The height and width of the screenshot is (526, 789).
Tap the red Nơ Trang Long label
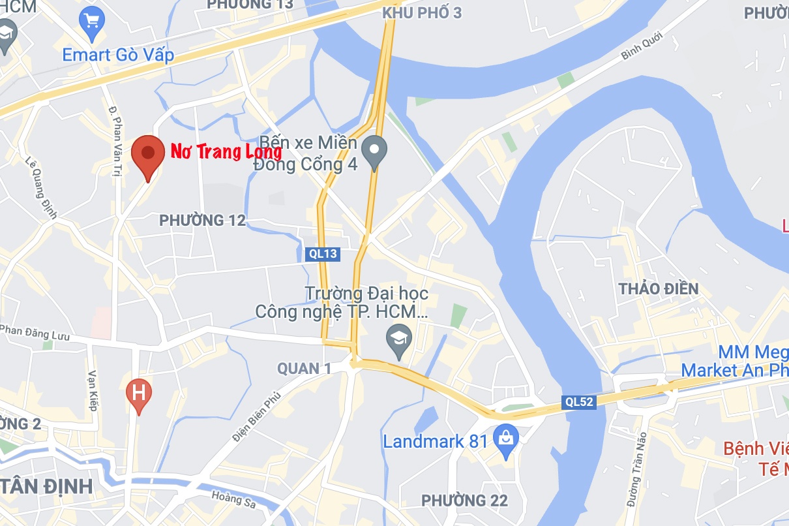point(226,152)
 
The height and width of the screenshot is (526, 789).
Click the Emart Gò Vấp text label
point(118,55)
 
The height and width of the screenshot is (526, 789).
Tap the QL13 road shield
point(323,253)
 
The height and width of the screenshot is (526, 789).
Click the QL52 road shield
point(578,402)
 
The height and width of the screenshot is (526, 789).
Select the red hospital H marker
point(138,394)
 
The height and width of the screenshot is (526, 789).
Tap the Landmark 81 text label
point(435,441)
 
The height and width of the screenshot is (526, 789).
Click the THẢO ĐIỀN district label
point(659,288)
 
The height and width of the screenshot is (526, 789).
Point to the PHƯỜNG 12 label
point(203,221)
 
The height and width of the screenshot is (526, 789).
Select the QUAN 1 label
point(304,369)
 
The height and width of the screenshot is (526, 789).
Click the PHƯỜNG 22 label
point(464,501)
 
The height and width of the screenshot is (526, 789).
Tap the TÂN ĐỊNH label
point(47,486)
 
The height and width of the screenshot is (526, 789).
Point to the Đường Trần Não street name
point(638,469)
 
